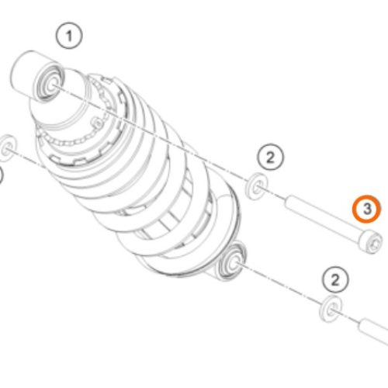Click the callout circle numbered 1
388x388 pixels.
click(x=69, y=36)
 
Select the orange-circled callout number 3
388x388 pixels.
click(x=366, y=209)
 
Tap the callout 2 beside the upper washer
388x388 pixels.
click(x=270, y=157)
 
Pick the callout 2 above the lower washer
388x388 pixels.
click(x=335, y=280)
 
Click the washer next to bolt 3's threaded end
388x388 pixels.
click(x=257, y=186)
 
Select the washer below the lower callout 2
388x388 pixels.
click(x=331, y=309)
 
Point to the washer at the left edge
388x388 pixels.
click(x=8, y=148)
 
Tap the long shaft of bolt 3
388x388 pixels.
click(x=323, y=217)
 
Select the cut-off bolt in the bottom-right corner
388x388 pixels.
click(x=373, y=332)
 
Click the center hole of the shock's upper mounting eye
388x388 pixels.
click(x=53, y=85)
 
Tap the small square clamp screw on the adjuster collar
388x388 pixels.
click(x=98, y=123)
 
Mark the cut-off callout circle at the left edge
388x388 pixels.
click(x=1, y=177)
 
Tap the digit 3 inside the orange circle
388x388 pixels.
click(x=367, y=209)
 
